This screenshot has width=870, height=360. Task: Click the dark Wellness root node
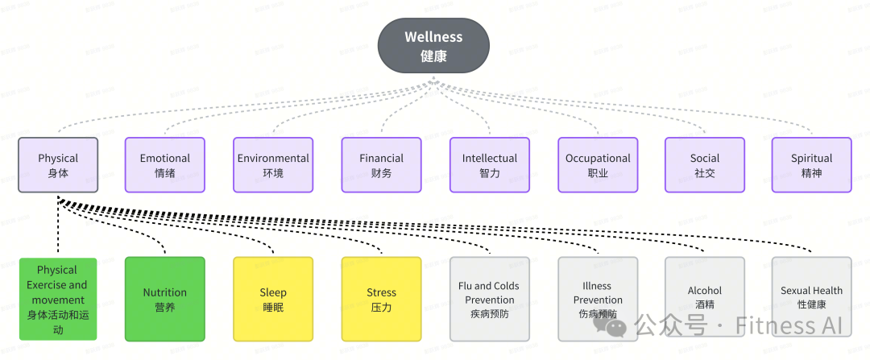(x=433, y=46)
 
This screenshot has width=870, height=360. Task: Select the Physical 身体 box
(x=58, y=165)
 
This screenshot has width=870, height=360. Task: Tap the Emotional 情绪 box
(x=165, y=165)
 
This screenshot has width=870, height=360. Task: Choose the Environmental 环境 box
(x=273, y=165)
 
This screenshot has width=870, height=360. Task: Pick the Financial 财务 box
(x=381, y=165)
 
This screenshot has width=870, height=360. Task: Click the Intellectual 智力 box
(x=490, y=165)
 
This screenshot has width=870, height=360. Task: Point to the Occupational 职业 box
(x=598, y=165)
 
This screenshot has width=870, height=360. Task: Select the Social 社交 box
(x=704, y=165)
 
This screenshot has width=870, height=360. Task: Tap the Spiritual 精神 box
(x=811, y=165)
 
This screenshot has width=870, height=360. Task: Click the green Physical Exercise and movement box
(x=57, y=299)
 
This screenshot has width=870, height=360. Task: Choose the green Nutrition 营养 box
(x=165, y=299)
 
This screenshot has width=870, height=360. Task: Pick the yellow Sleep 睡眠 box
(x=273, y=299)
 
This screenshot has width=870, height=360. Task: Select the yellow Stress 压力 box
(x=381, y=299)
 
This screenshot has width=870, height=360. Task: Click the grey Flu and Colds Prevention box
(x=490, y=299)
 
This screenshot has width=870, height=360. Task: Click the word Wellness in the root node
(x=433, y=37)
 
